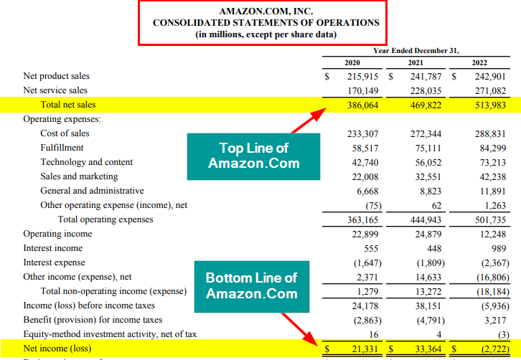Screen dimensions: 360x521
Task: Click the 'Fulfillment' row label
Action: [x=63, y=148]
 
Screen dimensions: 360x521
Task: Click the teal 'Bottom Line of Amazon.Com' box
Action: [x=252, y=285]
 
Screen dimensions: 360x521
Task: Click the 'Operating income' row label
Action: [x=57, y=234]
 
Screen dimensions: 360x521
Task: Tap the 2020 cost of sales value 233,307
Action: [x=362, y=133]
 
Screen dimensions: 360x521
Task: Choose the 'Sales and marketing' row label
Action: [x=79, y=176]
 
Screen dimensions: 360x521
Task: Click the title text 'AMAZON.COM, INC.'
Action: [x=266, y=11]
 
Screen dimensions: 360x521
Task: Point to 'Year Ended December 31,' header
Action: [x=416, y=50]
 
